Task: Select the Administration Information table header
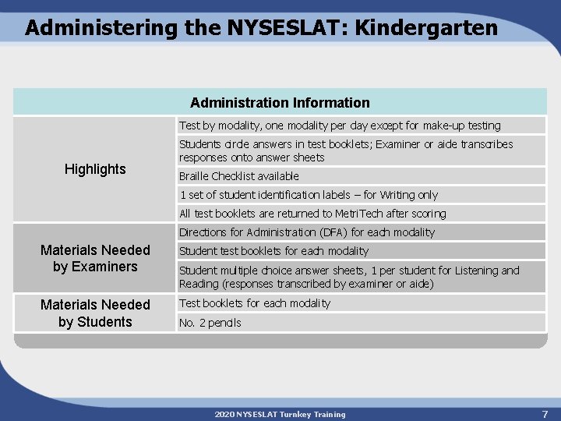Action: [x=280, y=103]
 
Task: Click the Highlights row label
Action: [x=95, y=169]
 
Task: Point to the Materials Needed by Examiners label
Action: [x=95, y=258]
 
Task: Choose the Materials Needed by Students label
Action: [x=95, y=313]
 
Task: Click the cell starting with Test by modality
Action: [x=340, y=126]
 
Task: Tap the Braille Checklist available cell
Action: [x=239, y=176]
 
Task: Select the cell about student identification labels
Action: [x=309, y=195]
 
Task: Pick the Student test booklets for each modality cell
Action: [x=273, y=251]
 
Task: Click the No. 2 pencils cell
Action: [x=210, y=323]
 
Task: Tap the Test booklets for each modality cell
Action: [x=255, y=303]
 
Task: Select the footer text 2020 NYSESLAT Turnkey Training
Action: [x=280, y=414]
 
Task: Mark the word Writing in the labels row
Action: [x=397, y=195]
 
